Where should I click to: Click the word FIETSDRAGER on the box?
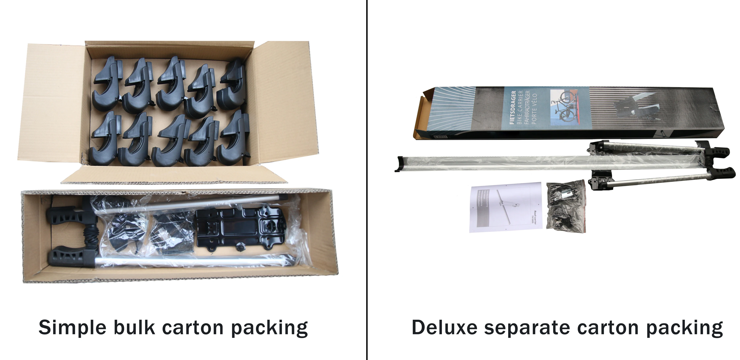point(513,107)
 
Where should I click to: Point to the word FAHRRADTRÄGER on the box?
point(527,107)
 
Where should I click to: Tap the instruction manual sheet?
point(506,207)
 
